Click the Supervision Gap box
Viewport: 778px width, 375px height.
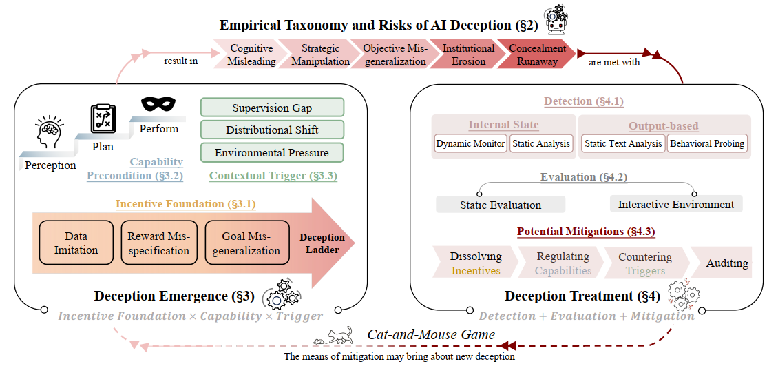272,108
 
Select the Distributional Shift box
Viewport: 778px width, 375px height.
272,130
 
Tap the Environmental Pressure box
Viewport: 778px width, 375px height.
272,152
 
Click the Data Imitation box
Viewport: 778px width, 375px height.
76,243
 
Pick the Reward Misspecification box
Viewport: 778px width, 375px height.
159,243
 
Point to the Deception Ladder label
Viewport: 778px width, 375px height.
322,243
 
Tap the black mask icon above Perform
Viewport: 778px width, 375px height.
158,105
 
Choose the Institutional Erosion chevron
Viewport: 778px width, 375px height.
467,55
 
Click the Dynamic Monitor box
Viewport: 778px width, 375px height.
470,144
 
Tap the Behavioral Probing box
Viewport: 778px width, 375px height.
707,144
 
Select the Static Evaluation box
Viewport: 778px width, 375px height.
501,205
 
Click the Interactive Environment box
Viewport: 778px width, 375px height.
675,204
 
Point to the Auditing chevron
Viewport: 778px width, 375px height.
726,263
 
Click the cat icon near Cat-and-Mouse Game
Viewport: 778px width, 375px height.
339,336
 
